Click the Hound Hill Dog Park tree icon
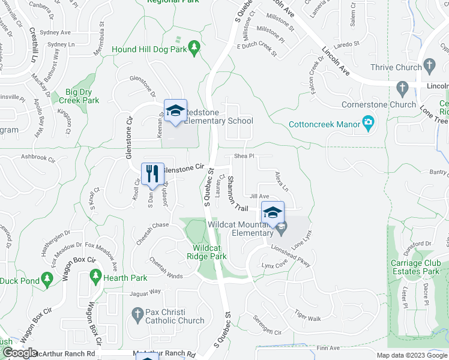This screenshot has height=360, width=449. (194, 47)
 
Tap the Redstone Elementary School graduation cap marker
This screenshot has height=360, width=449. (175, 111)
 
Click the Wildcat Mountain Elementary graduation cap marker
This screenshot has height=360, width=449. (273, 212)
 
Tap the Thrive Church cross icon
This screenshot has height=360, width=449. (429, 65)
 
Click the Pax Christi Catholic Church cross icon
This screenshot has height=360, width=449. (137, 313)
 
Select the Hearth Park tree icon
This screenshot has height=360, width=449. (95, 276)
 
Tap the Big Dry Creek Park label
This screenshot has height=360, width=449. (82, 96)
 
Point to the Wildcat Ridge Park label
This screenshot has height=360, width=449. (209, 252)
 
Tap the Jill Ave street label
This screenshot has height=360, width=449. (259, 196)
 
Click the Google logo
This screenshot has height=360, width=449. (20, 353)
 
